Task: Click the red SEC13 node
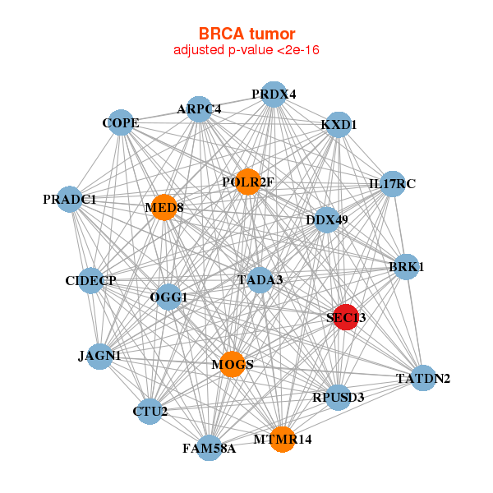pos(347,318)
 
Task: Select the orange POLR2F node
pos(248,182)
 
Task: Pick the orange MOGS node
pos(233,364)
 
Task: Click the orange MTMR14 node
pos(283,440)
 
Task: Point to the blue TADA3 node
pos(260,280)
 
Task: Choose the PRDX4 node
pos(274,94)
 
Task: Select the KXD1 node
pos(339,125)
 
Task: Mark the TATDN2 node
pos(422,378)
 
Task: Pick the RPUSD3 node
pos(338,398)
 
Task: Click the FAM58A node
pos(210,448)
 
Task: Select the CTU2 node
pos(150,411)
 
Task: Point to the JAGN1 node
pos(99,356)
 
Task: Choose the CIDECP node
pos(91,281)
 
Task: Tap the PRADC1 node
pos(70,200)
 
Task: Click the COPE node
pos(121,124)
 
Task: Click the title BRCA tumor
pos(246,34)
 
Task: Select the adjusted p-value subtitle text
pos(246,50)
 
